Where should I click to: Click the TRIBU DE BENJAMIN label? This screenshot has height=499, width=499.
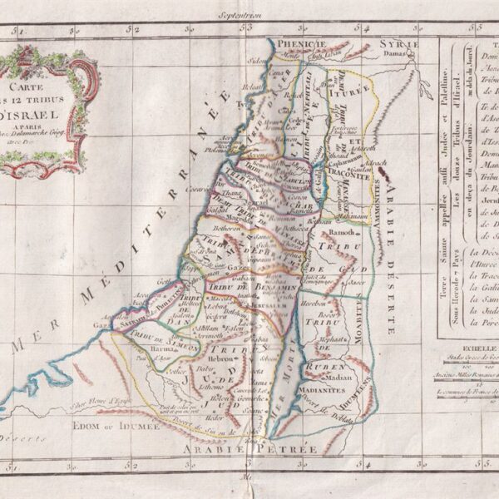tap(262, 287)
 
